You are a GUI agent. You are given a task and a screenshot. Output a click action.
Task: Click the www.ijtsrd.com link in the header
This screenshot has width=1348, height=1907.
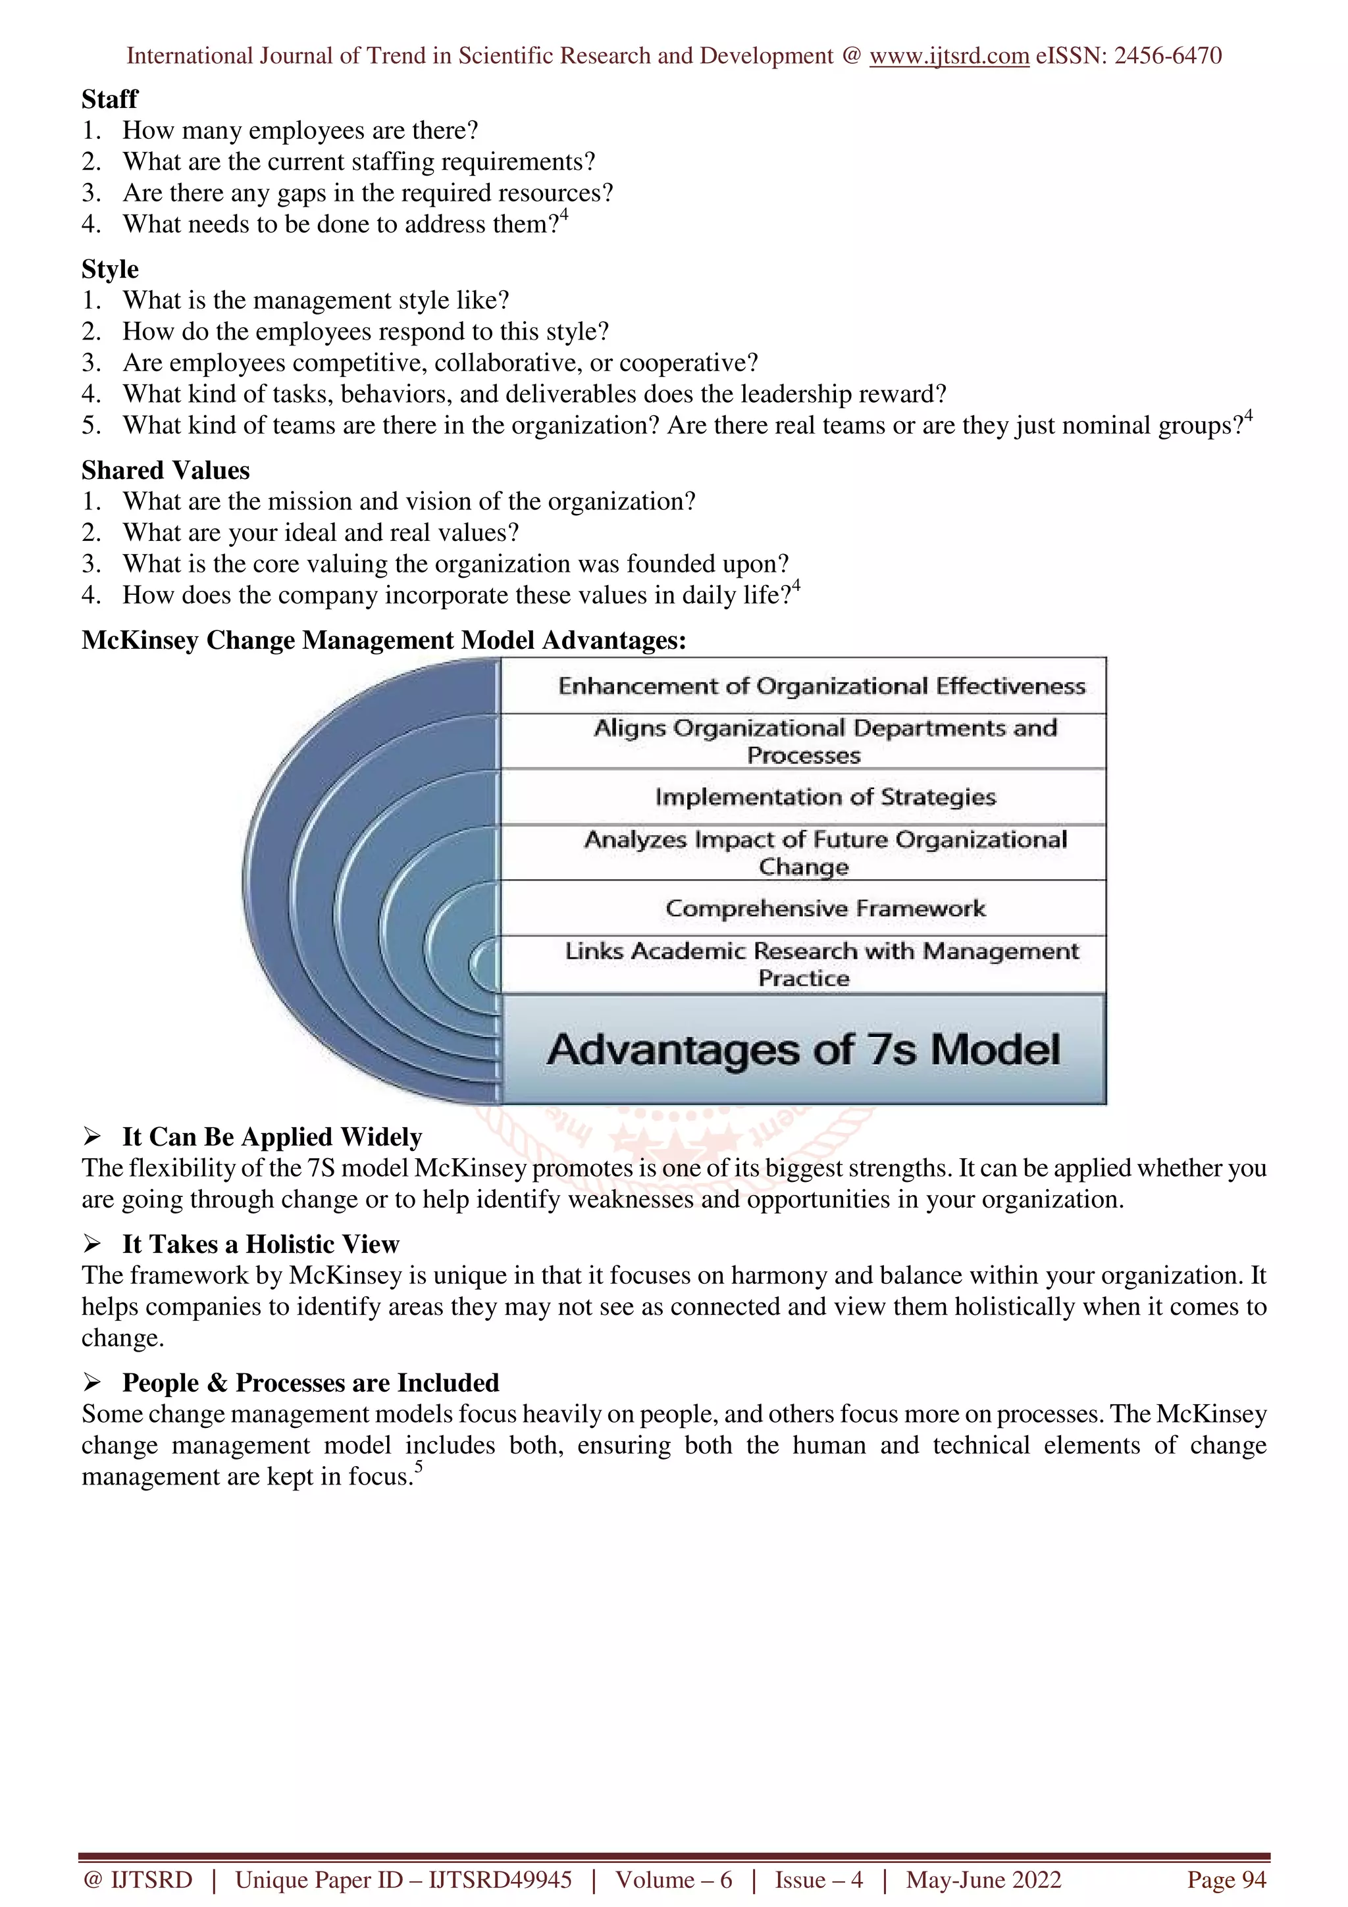coord(948,56)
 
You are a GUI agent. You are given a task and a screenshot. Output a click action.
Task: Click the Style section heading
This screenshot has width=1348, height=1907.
coord(110,269)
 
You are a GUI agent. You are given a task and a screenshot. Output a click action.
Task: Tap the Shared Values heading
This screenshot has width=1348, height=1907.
coord(165,470)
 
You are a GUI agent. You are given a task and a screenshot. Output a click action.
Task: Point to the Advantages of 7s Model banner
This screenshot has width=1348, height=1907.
coord(803,1049)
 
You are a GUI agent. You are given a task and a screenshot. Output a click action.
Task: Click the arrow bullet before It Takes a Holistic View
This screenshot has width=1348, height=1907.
coord(91,1244)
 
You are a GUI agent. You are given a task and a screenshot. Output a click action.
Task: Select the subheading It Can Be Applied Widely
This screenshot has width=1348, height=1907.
coord(272,1137)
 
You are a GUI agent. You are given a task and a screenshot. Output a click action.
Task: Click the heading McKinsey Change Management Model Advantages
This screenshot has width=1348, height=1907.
coord(384,640)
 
